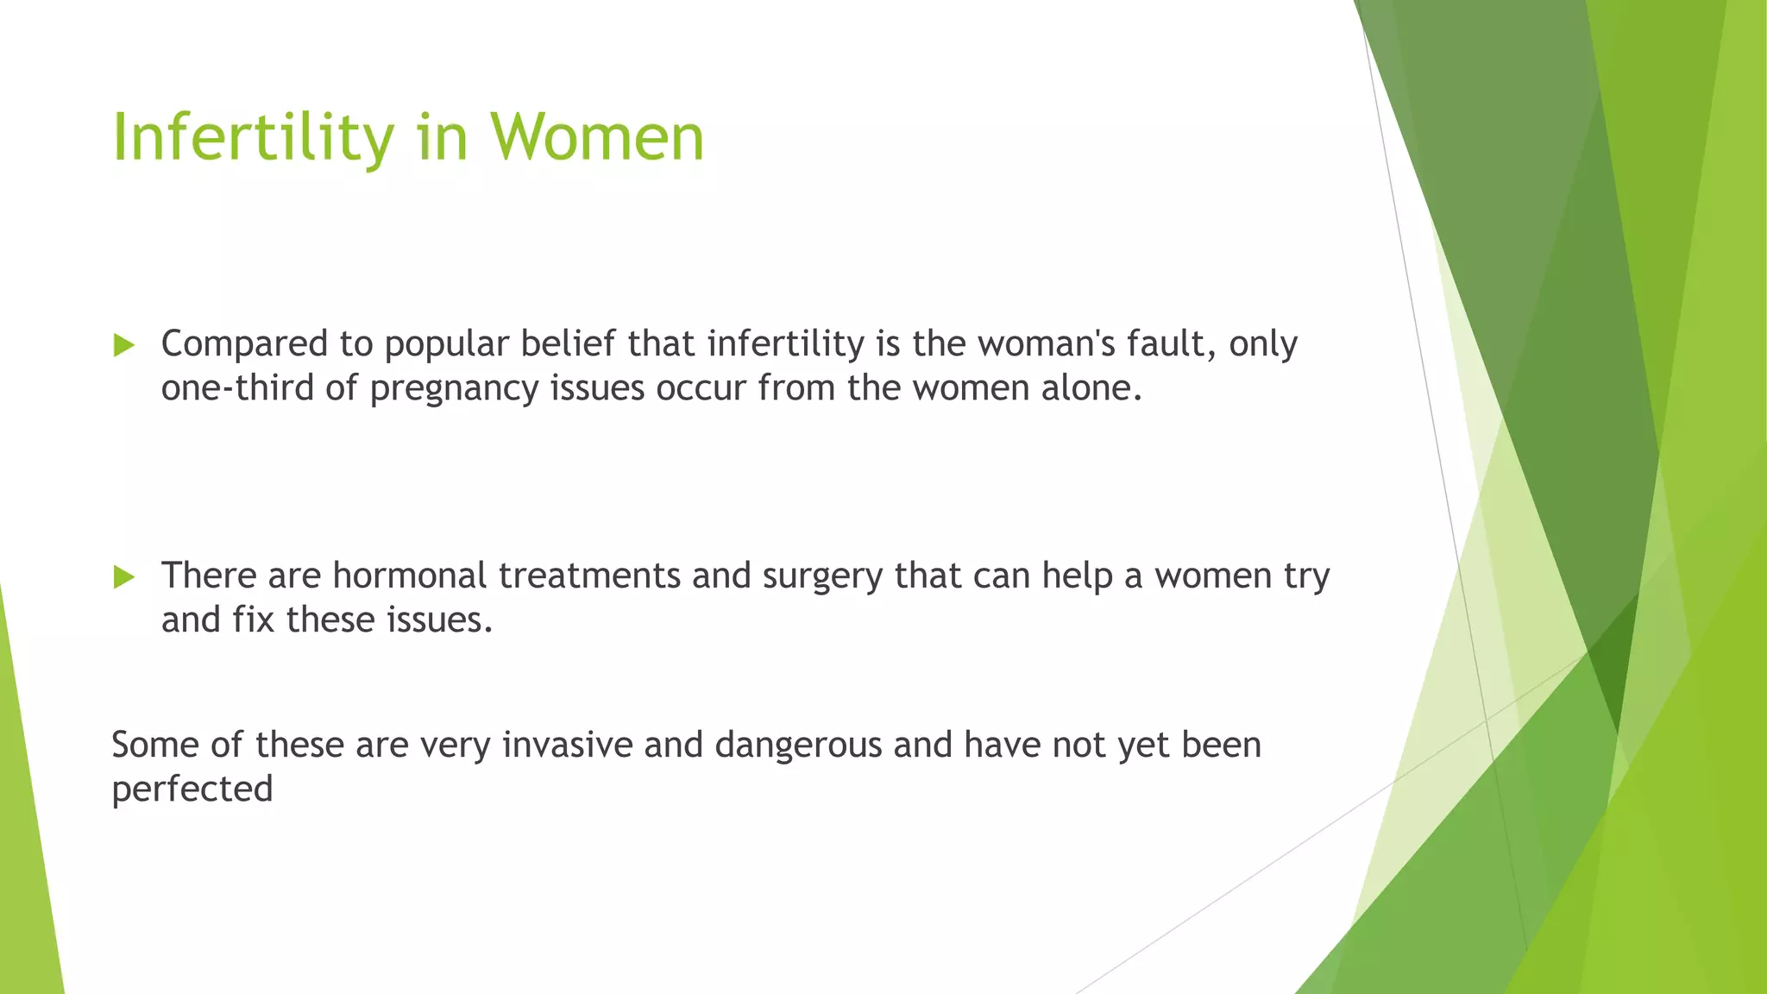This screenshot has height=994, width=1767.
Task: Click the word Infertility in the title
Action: click(x=253, y=138)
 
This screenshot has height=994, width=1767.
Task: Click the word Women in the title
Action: click(x=597, y=138)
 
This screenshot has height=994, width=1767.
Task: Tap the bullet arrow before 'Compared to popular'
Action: click(x=124, y=346)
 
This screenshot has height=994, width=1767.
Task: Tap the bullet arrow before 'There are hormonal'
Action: click(x=124, y=577)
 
